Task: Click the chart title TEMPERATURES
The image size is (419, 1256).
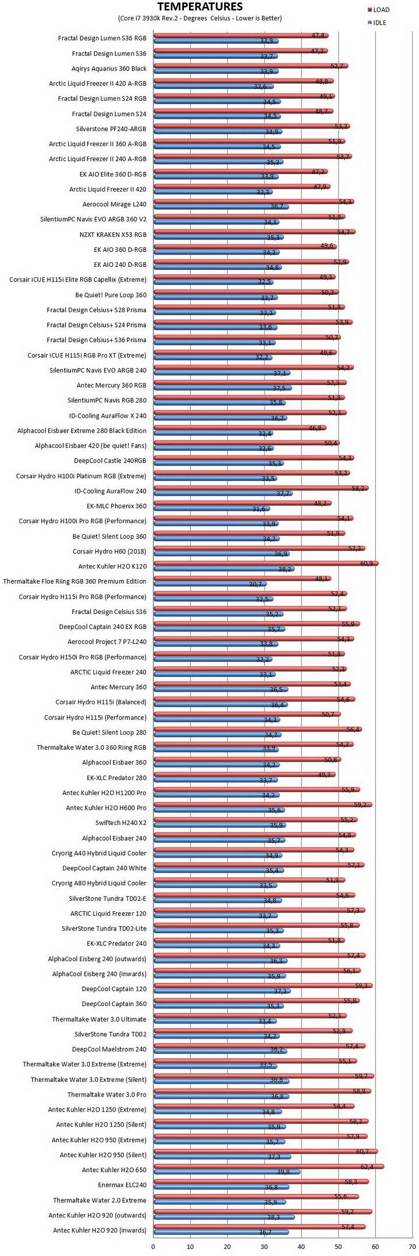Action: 200,7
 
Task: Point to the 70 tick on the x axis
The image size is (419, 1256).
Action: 412,1246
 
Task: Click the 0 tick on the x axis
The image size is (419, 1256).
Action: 153,1246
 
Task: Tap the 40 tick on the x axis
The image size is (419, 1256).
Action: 301,1246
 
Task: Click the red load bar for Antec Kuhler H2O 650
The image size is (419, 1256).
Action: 268,1166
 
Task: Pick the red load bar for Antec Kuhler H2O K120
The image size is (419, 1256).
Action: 266,563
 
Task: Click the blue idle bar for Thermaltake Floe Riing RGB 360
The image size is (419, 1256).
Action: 210,584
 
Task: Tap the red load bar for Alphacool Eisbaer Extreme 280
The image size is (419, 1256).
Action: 240,427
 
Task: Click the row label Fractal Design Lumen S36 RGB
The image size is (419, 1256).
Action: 102,38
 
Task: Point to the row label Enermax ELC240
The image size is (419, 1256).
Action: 122,1185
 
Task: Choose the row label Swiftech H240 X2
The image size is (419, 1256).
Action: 121,823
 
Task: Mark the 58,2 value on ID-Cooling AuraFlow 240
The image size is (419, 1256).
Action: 358,488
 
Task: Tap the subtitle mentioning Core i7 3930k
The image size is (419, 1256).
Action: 200,18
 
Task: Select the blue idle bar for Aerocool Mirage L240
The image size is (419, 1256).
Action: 221,207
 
